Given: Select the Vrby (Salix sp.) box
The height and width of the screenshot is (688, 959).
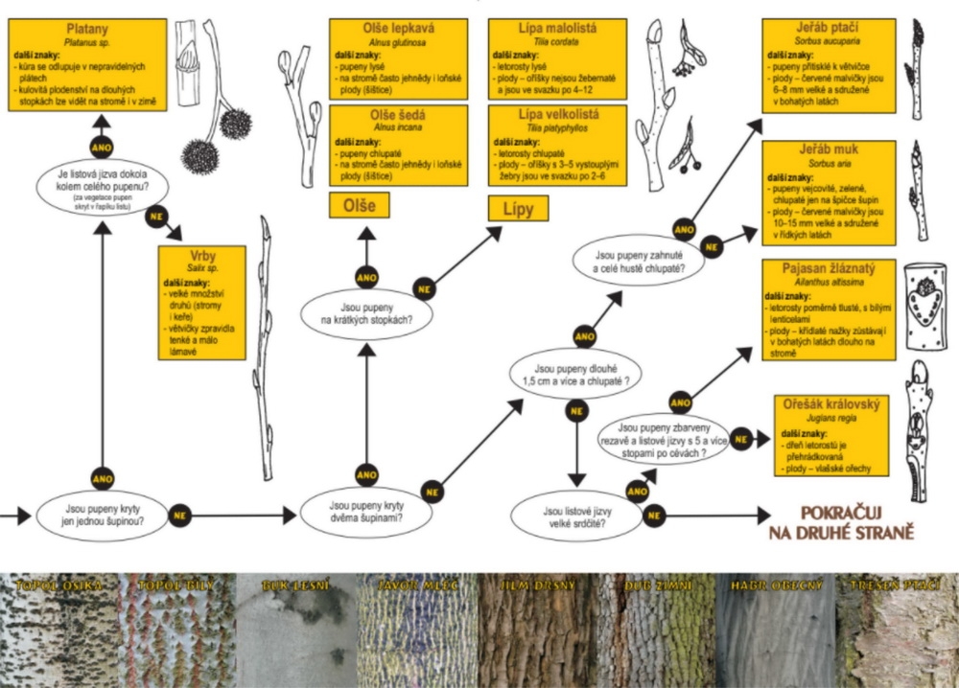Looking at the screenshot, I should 201,303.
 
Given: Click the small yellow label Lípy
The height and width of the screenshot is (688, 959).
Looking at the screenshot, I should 519,208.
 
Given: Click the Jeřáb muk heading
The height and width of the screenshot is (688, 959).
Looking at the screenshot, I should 829,150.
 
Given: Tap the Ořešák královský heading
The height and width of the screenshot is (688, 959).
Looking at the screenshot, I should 830,404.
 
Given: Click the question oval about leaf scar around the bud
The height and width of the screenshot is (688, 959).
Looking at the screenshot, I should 102,184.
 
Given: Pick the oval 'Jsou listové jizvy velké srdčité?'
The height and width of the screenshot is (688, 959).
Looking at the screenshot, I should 577,517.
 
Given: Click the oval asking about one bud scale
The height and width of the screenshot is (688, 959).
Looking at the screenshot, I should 105,517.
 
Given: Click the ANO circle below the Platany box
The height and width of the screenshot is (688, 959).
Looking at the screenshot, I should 103,149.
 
